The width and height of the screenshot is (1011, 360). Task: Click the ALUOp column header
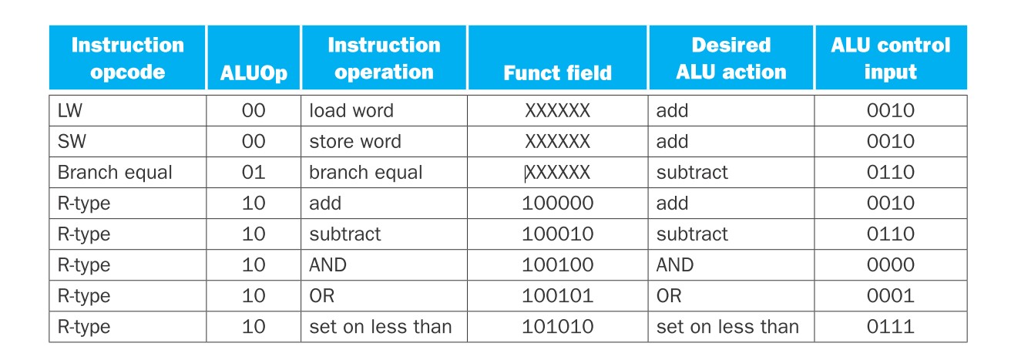[254, 73]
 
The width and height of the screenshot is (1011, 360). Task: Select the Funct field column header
[557, 72]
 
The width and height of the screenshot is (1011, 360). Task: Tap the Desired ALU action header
[731, 59]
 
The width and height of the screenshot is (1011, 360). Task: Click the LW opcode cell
[70, 111]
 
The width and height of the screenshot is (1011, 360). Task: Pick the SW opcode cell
[72, 141]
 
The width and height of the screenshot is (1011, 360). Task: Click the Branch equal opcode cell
[115, 173]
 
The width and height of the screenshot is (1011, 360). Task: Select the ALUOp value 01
[254, 172]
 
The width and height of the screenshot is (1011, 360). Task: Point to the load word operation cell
[351, 111]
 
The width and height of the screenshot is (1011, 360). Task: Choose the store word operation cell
[355, 141]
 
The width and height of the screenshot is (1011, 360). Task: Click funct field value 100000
[557, 204]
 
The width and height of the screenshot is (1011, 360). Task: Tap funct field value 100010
[557, 234]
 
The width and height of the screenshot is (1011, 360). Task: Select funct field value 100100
[557, 264]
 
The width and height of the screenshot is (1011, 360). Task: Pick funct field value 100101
[557, 296]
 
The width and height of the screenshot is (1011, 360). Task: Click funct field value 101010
[557, 327]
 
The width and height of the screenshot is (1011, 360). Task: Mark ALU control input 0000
[891, 264]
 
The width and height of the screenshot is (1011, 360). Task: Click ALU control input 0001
[891, 296]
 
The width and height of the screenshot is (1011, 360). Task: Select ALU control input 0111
[891, 327]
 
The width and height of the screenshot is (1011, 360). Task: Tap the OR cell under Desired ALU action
[669, 296]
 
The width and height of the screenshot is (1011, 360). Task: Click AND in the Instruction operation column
[327, 264]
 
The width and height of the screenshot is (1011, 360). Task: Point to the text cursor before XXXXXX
[526, 173]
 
